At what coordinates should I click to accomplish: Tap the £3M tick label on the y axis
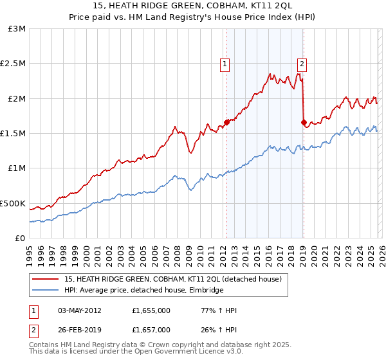17,29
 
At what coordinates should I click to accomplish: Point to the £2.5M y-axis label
14,64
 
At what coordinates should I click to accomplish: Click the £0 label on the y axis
20,238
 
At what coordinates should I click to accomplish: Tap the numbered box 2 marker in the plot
301,64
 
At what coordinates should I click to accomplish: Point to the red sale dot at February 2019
303,122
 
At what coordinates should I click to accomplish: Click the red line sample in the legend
46,279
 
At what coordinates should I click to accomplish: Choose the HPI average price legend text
143,290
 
